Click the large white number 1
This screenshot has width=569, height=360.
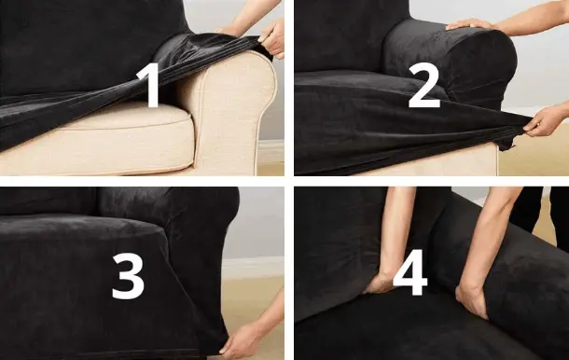[x=150, y=85]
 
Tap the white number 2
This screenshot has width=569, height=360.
[x=423, y=85]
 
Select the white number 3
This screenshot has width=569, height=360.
[x=128, y=276]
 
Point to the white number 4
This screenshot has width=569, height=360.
[x=410, y=272]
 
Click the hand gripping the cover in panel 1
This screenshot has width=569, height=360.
[x=272, y=39]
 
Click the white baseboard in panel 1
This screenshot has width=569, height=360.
[x=270, y=151]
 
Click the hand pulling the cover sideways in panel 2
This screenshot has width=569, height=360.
[x=543, y=121]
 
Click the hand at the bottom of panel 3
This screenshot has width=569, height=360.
[x=242, y=339]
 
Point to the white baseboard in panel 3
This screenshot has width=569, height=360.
[x=254, y=268]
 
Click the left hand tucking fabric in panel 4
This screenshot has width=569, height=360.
[x=380, y=284]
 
